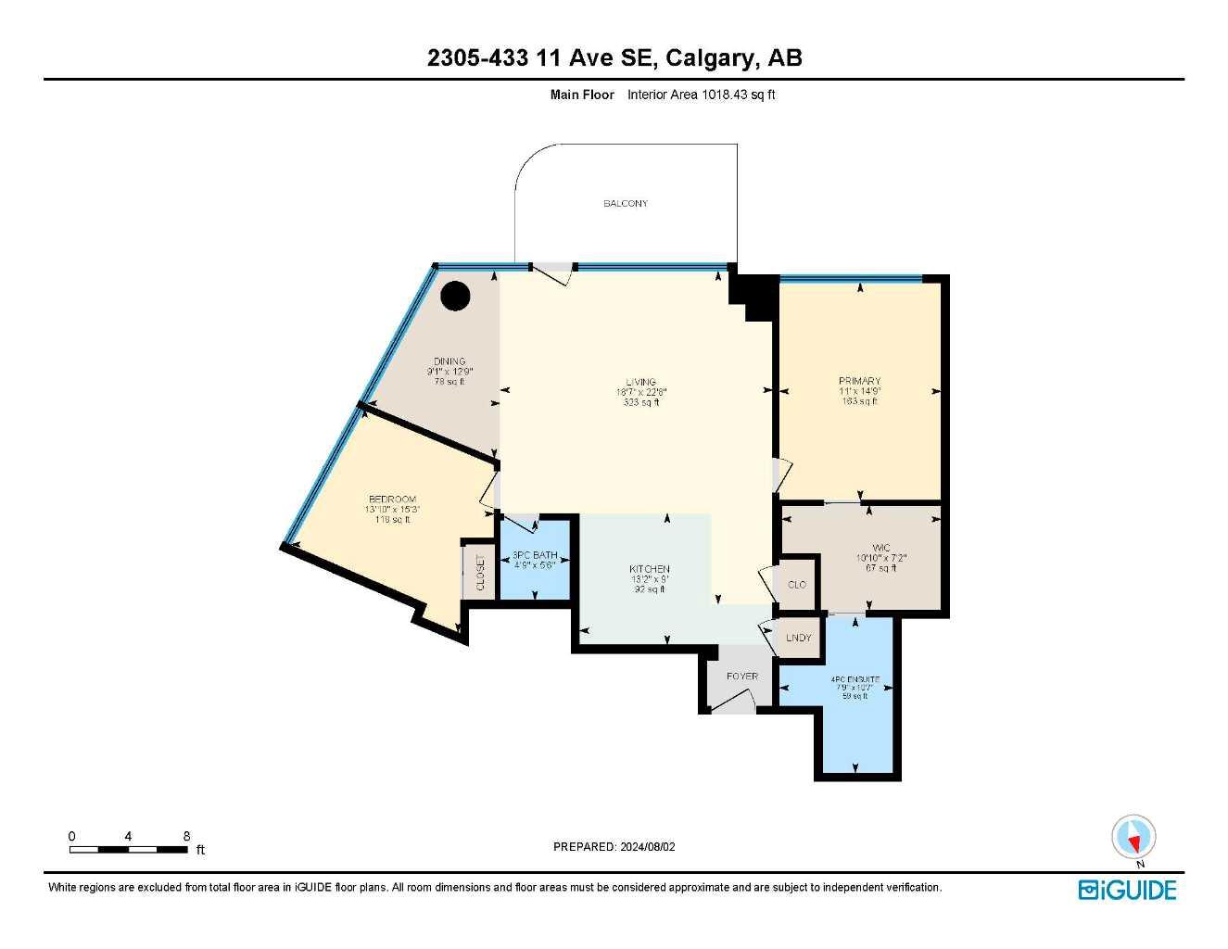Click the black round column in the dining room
click(455, 297)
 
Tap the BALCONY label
click(626, 204)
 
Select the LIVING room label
click(640, 382)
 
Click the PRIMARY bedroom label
click(859, 381)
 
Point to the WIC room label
click(880, 548)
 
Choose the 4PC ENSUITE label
click(855, 679)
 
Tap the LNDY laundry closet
click(798, 638)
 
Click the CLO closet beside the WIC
click(796, 585)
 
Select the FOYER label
click(741, 677)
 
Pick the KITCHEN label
click(650, 569)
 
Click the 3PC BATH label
click(535, 555)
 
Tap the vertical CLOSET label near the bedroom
click(480, 572)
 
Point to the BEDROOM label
click(392, 500)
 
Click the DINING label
click(449, 361)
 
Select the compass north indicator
click(1133, 839)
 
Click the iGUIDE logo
click(1127, 890)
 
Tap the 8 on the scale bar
click(186, 836)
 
